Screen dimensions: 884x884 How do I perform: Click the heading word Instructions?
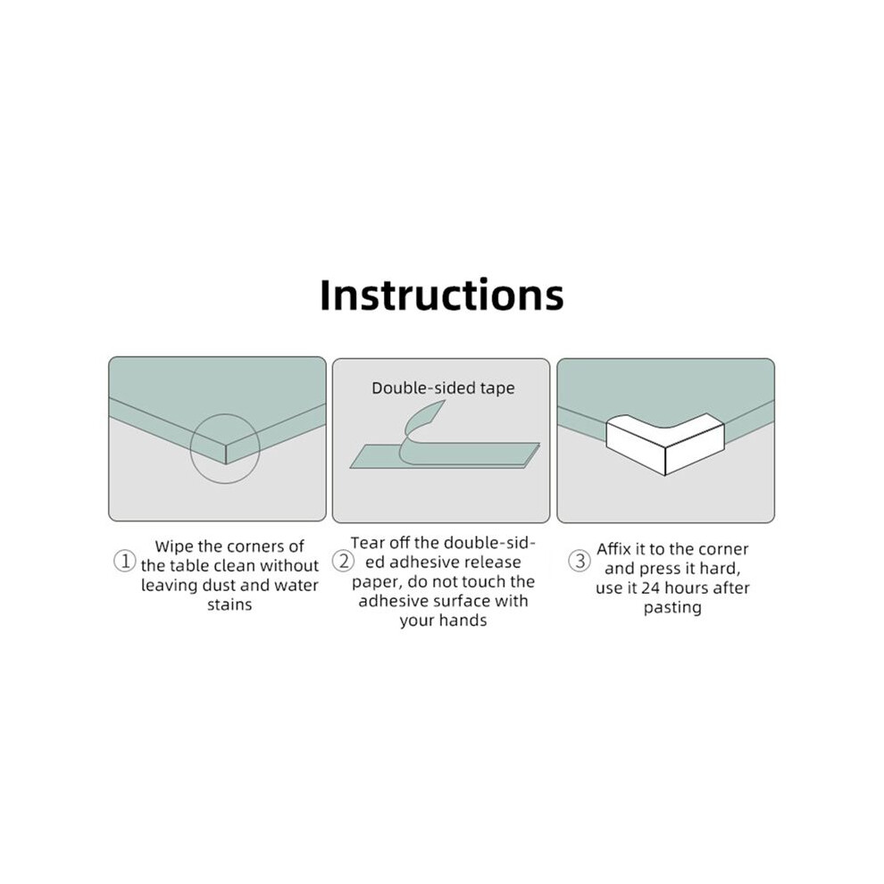pyautogui.click(x=441, y=295)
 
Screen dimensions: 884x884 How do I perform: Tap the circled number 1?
pyautogui.click(x=125, y=561)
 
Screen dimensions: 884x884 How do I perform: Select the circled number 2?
pyautogui.click(x=343, y=561)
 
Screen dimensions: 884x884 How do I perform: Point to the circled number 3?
pyautogui.click(x=579, y=561)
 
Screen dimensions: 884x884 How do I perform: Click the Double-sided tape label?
pyautogui.click(x=443, y=388)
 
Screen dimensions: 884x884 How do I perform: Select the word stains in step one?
pyautogui.click(x=229, y=605)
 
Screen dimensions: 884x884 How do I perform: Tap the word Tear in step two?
pyautogui.click(x=365, y=542)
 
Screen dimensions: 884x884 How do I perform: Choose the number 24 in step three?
pyautogui.click(x=650, y=588)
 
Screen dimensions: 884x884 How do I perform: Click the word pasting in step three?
pyautogui.click(x=672, y=608)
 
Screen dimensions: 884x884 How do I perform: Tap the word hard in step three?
pyautogui.click(x=720, y=568)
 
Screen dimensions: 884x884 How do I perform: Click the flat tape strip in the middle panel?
pyautogui.click(x=445, y=455)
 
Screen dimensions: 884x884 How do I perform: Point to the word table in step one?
pyautogui.click(x=190, y=565)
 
